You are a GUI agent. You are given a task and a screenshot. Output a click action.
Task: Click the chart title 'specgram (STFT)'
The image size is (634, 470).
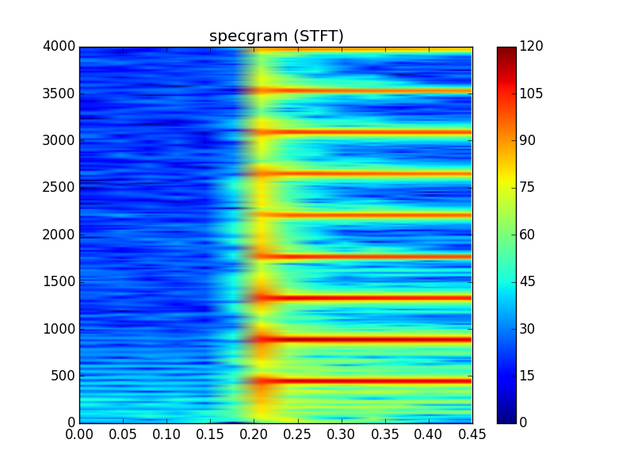click(x=276, y=36)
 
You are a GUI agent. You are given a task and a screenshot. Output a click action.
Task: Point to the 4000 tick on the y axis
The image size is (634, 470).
click(x=59, y=47)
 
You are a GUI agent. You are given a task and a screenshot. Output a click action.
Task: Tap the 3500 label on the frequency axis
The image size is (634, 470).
click(x=59, y=94)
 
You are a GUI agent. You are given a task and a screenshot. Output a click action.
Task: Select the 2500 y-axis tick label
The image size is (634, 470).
click(x=59, y=188)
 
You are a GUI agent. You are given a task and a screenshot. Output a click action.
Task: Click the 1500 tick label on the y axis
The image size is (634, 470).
click(x=59, y=281)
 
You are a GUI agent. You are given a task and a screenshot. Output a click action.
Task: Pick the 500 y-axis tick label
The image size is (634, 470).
click(x=63, y=376)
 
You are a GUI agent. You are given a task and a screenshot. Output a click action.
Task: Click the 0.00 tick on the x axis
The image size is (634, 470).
click(x=79, y=434)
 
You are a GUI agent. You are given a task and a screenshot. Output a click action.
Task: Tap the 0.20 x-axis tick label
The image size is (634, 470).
click(x=254, y=434)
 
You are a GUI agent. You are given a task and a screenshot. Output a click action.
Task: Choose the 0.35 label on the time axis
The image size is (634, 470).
click(x=384, y=434)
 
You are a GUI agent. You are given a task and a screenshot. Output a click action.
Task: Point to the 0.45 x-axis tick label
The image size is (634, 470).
click(x=472, y=434)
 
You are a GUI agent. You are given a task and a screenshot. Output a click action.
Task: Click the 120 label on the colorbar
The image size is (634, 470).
click(x=531, y=47)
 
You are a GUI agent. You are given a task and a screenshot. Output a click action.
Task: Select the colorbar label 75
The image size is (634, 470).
click(x=528, y=188)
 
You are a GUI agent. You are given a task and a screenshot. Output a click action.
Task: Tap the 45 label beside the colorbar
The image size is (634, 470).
click(x=528, y=281)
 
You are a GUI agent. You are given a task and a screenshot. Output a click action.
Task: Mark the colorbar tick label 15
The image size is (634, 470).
click(x=528, y=376)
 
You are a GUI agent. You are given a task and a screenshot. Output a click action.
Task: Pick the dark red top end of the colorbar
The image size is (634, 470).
click(x=506, y=51)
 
